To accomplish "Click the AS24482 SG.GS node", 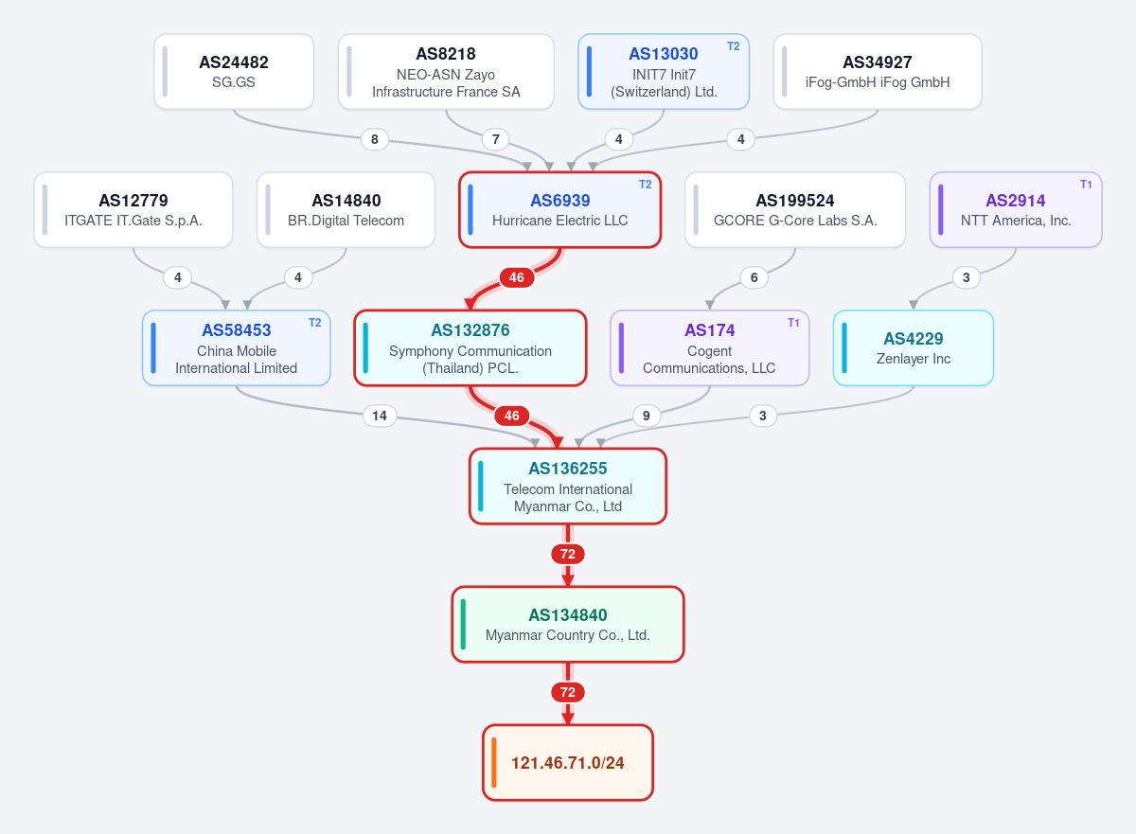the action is pyautogui.click(x=234, y=72).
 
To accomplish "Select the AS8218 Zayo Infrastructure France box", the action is pyautogui.click(x=446, y=72).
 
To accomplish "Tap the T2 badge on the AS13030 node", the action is pyautogui.click(x=733, y=46).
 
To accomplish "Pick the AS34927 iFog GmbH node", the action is pyautogui.click(x=878, y=72).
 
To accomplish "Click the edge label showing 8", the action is pyautogui.click(x=374, y=139).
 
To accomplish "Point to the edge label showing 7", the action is pyautogui.click(x=495, y=139).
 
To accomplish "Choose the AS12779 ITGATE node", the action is pyautogui.click(x=133, y=210).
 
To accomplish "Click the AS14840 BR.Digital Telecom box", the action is pyautogui.click(x=346, y=210).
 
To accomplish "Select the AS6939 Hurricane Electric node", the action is pyautogui.click(x=559, y=210).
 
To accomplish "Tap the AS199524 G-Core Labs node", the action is pyautogui.click(x=795, y=210).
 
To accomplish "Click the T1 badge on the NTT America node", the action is pyautogui.click(x=1085, y=185).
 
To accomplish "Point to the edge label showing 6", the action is pyautogui.click(x=754, y=277).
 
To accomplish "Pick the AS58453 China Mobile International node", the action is pyautogui.click(x=237, y=347).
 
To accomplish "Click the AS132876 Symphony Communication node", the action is pyautogui.click(x=470, y=347).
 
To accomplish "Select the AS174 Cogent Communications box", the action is pyautogui.click(x=709, y=347).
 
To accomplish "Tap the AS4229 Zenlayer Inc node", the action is pyautogui.click(x=914, y=347).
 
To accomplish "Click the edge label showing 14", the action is pyautogui.click(x=380, y=416).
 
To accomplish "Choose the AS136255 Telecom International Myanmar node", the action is pyautogui.click(x=567, y=487).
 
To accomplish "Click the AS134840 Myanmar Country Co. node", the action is pyautogui.click(x=567, y=625).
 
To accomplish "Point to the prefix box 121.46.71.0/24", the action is pyautogui.click(x=567, y=762).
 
